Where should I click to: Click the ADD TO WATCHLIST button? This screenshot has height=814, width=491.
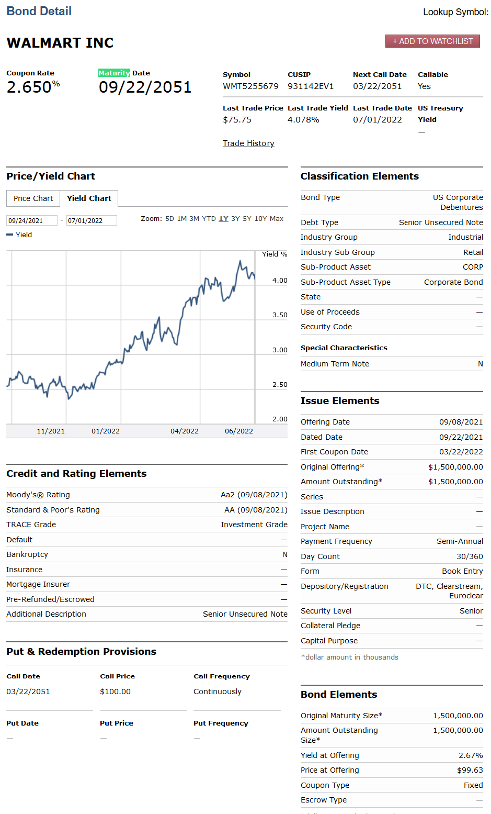[x=432, y=41]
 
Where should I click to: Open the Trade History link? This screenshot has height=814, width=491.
[x=248, y=143]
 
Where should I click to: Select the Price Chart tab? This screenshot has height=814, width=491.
[x=33, y=198]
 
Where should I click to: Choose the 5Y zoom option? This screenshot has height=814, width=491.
[x=247, y=219]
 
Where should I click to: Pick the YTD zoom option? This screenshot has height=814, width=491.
[x=209, y=219]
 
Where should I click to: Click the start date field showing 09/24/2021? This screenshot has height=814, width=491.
[x=31, y=221]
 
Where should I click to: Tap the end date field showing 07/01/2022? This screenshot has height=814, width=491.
[x=91, y=221]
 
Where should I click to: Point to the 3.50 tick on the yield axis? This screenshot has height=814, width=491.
[x=280, y=315]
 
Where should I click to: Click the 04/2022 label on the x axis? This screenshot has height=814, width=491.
[x=185, y=431]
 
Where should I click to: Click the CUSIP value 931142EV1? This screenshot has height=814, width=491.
[x=311, y=86]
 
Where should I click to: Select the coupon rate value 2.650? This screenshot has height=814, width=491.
[x=29, y=87]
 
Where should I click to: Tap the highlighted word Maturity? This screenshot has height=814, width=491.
[x=114, y=73]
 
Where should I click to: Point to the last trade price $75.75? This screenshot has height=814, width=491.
[x=237, y=120]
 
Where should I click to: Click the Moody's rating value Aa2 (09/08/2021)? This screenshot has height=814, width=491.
[x=254, y=495]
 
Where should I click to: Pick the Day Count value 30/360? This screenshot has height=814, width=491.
[x=470, y=556]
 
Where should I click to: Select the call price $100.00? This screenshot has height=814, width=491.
[x=115, y=692]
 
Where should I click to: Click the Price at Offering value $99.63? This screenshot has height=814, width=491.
[x=470, y=770]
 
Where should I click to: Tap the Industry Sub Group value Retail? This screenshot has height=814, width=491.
[x=473, y=252]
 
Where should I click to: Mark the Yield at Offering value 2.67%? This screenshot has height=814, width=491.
[x=471, y=755]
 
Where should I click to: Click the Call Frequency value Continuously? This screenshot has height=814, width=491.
[x=218, y=692]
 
